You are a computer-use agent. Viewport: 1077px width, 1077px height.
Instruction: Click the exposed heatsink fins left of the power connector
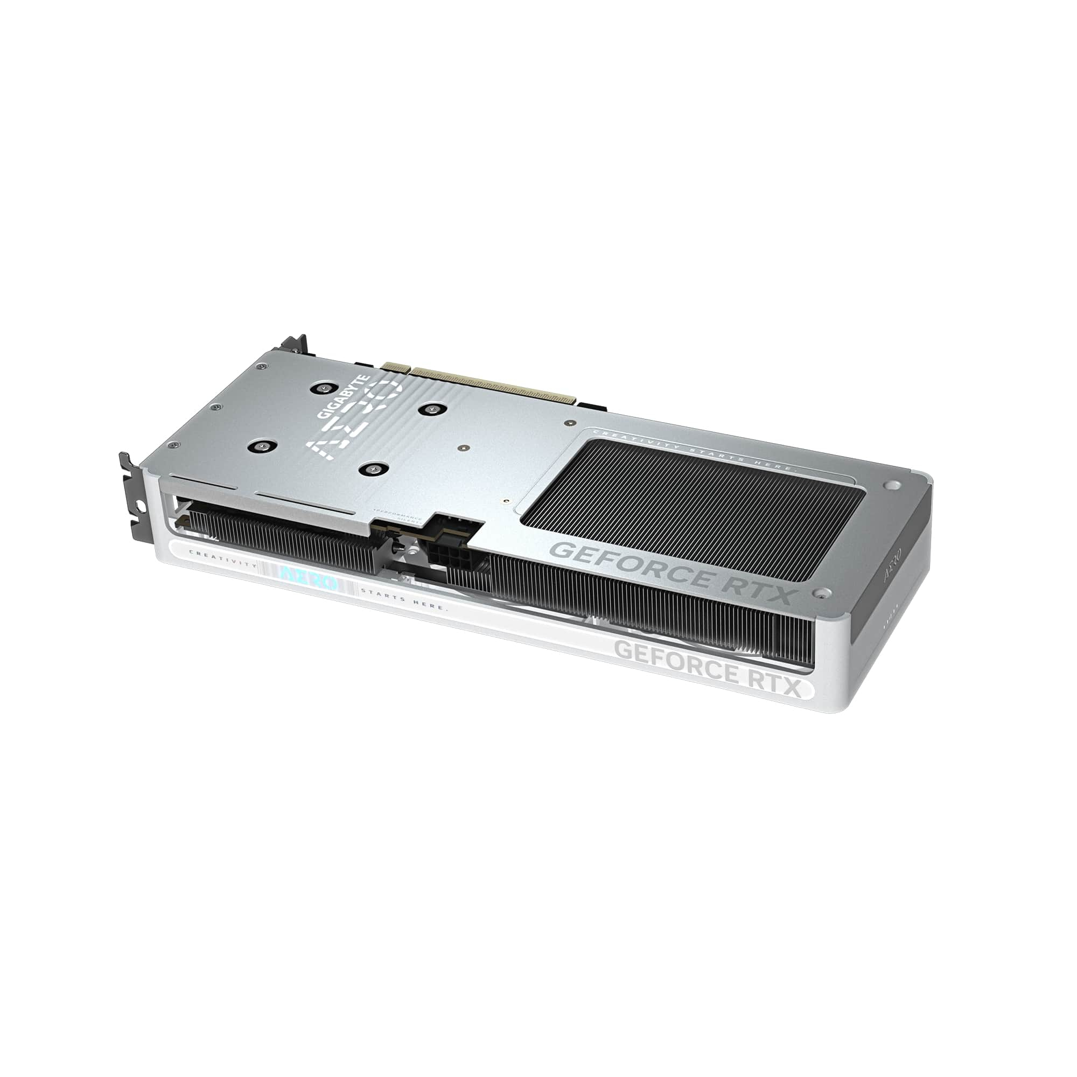click(279, 541)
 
